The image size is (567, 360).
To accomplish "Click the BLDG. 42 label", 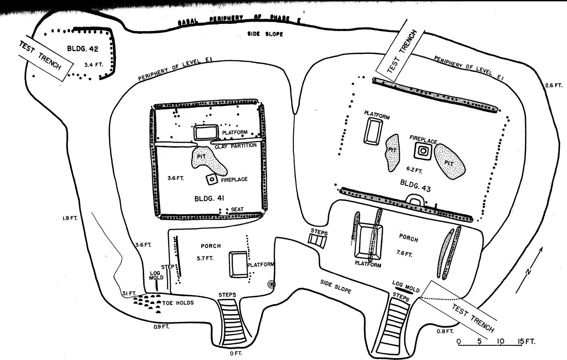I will (x=83, y=49).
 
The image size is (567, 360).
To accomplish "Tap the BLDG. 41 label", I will (x=209, y=198).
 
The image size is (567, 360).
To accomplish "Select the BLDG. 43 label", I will (x=415, y=186).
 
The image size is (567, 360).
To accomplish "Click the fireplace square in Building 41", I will (x=211, y=179).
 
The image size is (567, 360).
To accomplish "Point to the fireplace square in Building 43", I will (x=423, y=151).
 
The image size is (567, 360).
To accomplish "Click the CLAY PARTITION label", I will (x=235, y=146).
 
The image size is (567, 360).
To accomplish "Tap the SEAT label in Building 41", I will (x=237, y=209).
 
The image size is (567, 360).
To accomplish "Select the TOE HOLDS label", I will (x=178, y=303).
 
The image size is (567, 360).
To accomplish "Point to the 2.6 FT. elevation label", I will (x=553, y=85).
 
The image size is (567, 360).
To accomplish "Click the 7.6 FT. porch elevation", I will (x=404, y=253).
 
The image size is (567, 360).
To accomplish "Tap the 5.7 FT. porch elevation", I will (x=205, y=258).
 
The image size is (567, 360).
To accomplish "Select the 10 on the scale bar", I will (x=500, y=342).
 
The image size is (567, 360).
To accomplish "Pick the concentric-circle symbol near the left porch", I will (x=271, y=284).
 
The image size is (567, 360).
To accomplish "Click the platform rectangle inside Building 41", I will (x=206, y=132).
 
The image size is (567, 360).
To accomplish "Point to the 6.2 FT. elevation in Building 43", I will (x=414, y=170).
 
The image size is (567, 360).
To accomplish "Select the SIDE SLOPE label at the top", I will (x=265, y=34).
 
